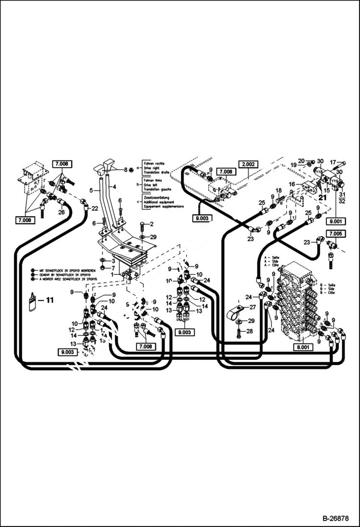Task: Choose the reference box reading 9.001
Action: pyautogui.click(x=335, y=222)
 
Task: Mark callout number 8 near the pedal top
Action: pyautogui.click(x=125, y=170)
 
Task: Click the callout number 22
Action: pyautogui.click(x=95, y=208)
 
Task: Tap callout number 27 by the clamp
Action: pyautogui.click(x=253, y=306)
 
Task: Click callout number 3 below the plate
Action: pyautogui.click(x=112, y=261)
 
